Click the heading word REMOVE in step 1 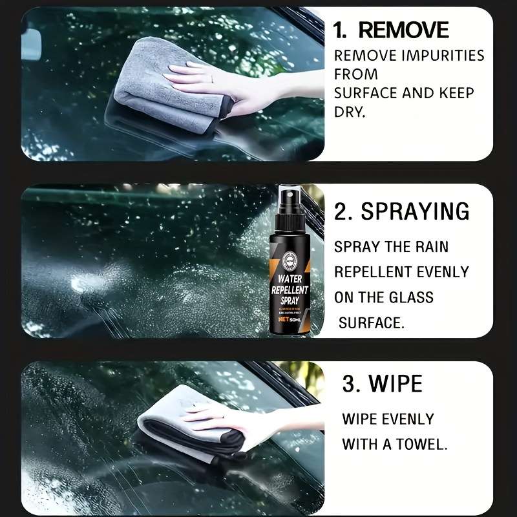403,30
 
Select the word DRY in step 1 350,112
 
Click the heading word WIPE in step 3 396,384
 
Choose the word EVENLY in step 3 410,419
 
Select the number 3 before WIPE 350,385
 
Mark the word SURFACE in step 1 365,93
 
